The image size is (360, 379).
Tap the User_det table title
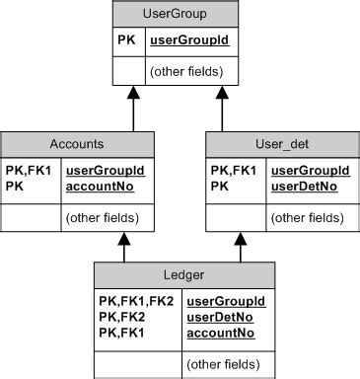coord(281,143)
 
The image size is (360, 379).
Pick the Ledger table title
coord(177,272)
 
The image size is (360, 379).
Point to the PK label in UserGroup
coord(127,41)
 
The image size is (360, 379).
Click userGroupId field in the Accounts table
coord(105,171)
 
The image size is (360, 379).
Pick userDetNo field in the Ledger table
coord(220,317)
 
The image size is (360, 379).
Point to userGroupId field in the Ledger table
coord(226,300)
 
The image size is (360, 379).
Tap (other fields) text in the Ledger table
coord(226,363)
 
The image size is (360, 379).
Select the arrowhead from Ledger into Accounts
coord(125,239)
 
